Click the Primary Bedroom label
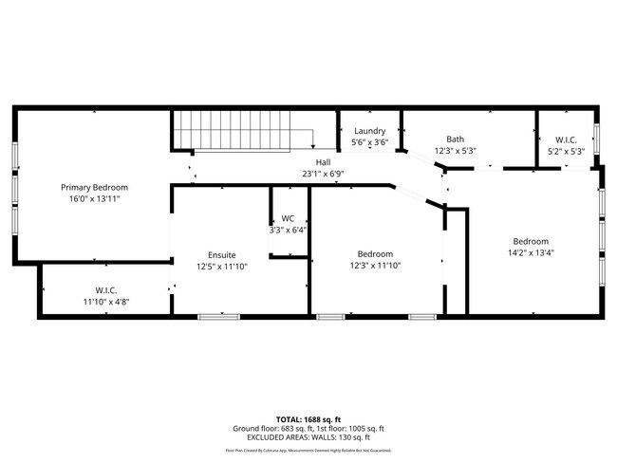[x=94, y=187]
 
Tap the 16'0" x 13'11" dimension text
[x=94, y=199]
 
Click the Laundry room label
[x=369, y=131]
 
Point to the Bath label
[x=455, y=139]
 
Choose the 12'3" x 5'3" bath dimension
[x=455, y=150]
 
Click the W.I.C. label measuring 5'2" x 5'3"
[x=566, y=139]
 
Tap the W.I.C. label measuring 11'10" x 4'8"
[x=105, y=290]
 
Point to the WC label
[x=288, y=218]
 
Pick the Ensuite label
[x=222, y=254]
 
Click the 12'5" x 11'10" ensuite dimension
[x=222, y=267]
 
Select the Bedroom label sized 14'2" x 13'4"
[x=531, y=241]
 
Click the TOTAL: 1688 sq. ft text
[x=308, y=417]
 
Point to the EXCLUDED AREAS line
[x=308, y=437]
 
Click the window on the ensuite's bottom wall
[x=213, y=316]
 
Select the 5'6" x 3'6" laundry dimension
[x=369, y=142]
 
